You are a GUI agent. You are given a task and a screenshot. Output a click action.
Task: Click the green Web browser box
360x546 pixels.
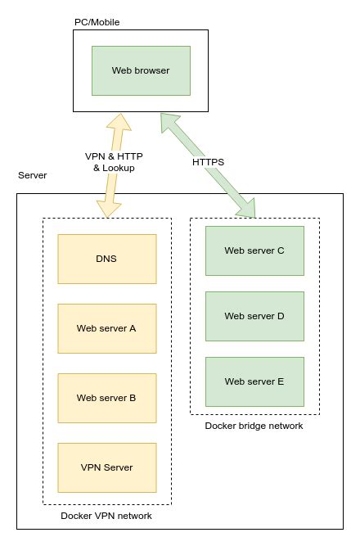(141, 70)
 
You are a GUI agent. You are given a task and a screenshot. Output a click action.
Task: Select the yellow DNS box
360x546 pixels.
(106, 259)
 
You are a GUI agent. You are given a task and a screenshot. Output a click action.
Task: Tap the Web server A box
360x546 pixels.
(106, 328)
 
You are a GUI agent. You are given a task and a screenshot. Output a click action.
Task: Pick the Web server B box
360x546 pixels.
(106, 398)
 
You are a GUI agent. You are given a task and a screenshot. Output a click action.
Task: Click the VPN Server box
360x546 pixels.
(106, 467)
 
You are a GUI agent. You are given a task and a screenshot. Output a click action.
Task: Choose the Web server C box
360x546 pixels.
(254, 250)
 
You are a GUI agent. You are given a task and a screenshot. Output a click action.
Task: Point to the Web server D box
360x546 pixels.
(254, 316)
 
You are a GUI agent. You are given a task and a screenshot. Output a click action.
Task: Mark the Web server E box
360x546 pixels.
(254, 381)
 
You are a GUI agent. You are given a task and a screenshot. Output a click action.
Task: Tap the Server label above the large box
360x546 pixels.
(33, 176)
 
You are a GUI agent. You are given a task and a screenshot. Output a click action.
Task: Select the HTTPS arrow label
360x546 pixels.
(208, 162)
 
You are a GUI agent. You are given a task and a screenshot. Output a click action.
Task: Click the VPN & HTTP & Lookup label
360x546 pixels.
(113, 162)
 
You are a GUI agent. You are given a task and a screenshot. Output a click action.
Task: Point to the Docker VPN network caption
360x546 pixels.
(106, 516)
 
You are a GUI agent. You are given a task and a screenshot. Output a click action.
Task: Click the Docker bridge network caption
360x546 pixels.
(254, 426)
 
